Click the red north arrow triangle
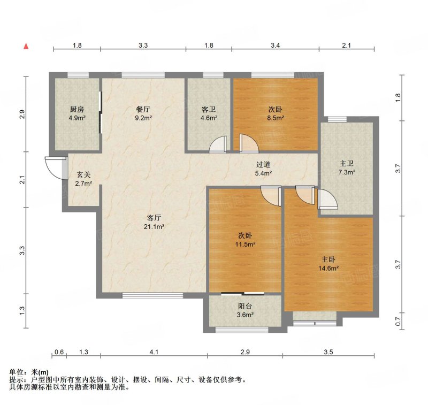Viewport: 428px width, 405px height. coord(26,47)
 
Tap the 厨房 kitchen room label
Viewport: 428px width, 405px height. coord(77,110)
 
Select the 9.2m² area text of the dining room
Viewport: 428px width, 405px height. coord(143,118)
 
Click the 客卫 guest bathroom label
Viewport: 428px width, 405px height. coord(209,110)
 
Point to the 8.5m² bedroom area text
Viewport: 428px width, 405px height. coord(275,118)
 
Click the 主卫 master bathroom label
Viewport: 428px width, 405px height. coord(347,164)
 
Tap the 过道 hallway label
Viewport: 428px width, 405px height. coord(263,165)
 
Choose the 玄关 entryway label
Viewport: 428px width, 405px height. coord(83,175)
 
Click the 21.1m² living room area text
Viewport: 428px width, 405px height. coord(154,226)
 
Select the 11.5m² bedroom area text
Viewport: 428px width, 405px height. coord(245,244)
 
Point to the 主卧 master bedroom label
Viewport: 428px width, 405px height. coord(328,259)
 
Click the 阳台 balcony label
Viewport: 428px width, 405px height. coord(245,306)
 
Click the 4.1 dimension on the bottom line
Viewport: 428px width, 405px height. coord(154,352)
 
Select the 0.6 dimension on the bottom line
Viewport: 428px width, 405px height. coord(59,352)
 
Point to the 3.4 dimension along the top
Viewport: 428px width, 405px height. coord(275,45)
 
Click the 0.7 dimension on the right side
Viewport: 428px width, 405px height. coord(398,321)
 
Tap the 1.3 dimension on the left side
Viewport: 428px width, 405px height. coord(22,310)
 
